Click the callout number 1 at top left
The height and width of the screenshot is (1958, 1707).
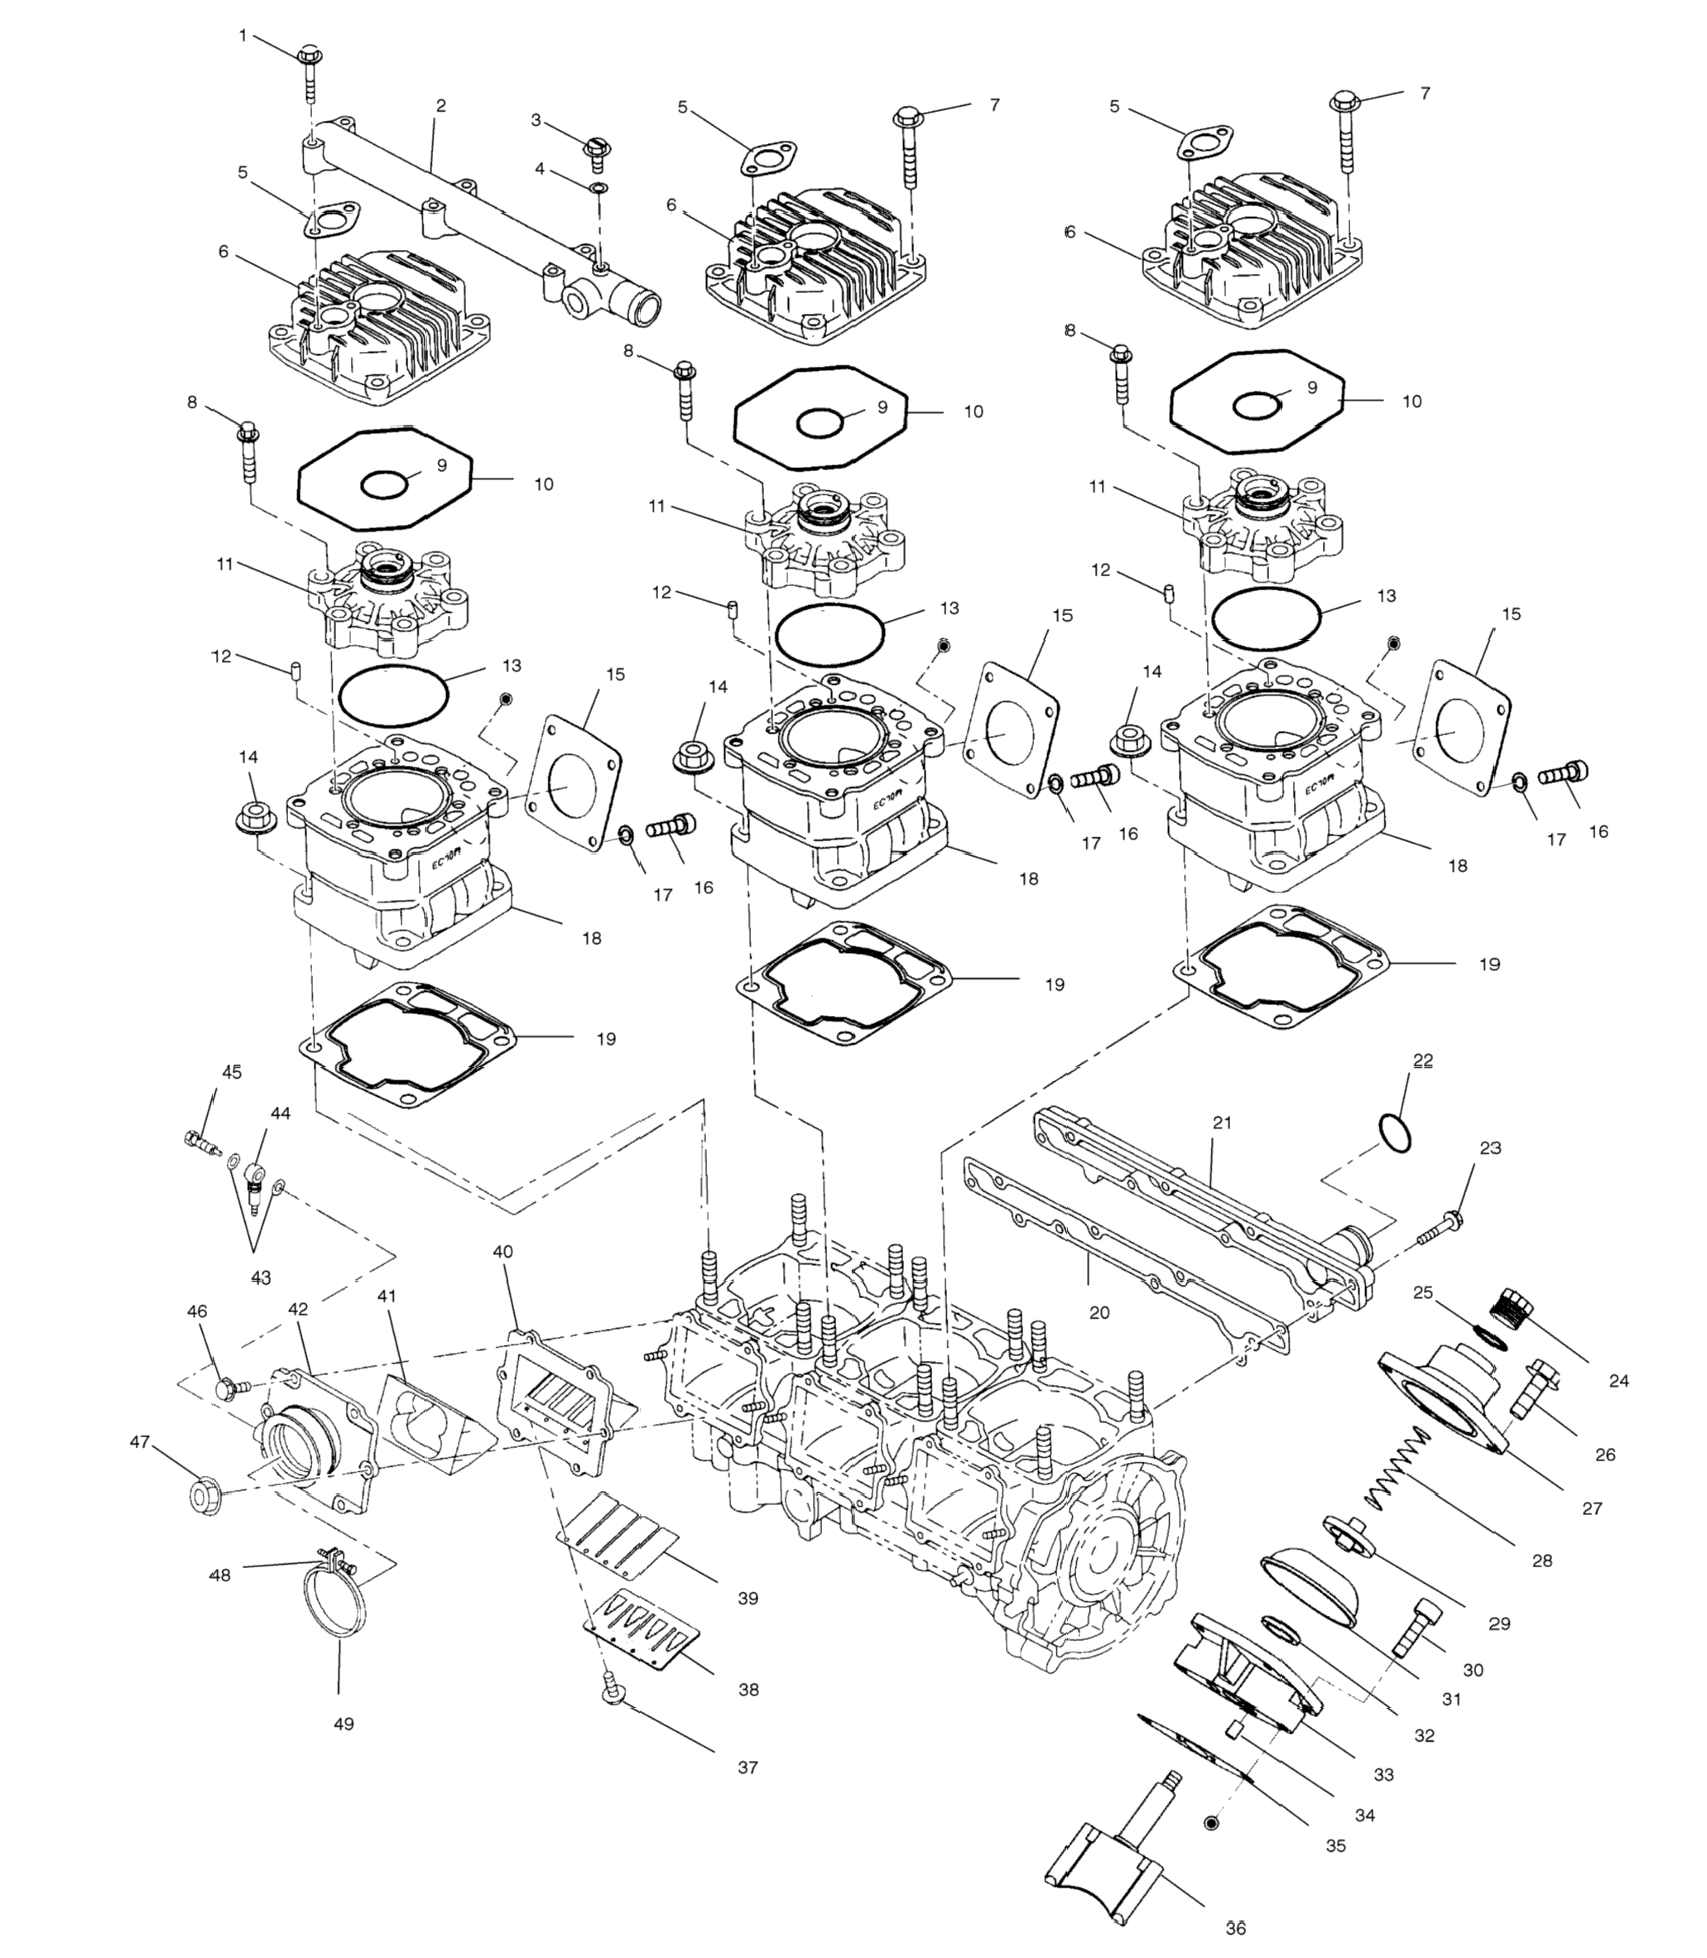[x=242, y=36]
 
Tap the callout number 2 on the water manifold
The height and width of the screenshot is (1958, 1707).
[x=440, y=106]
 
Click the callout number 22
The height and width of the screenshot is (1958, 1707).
[x=1423, y=1060]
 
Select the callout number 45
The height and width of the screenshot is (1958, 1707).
[x=233, y=1072]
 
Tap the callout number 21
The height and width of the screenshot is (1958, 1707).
[x=1222, y=1123]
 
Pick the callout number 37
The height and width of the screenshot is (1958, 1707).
[x=748, y=1768]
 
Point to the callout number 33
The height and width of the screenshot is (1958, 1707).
[x=1383, y=1774]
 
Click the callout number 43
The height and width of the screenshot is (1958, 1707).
[x=260, y=1277]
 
